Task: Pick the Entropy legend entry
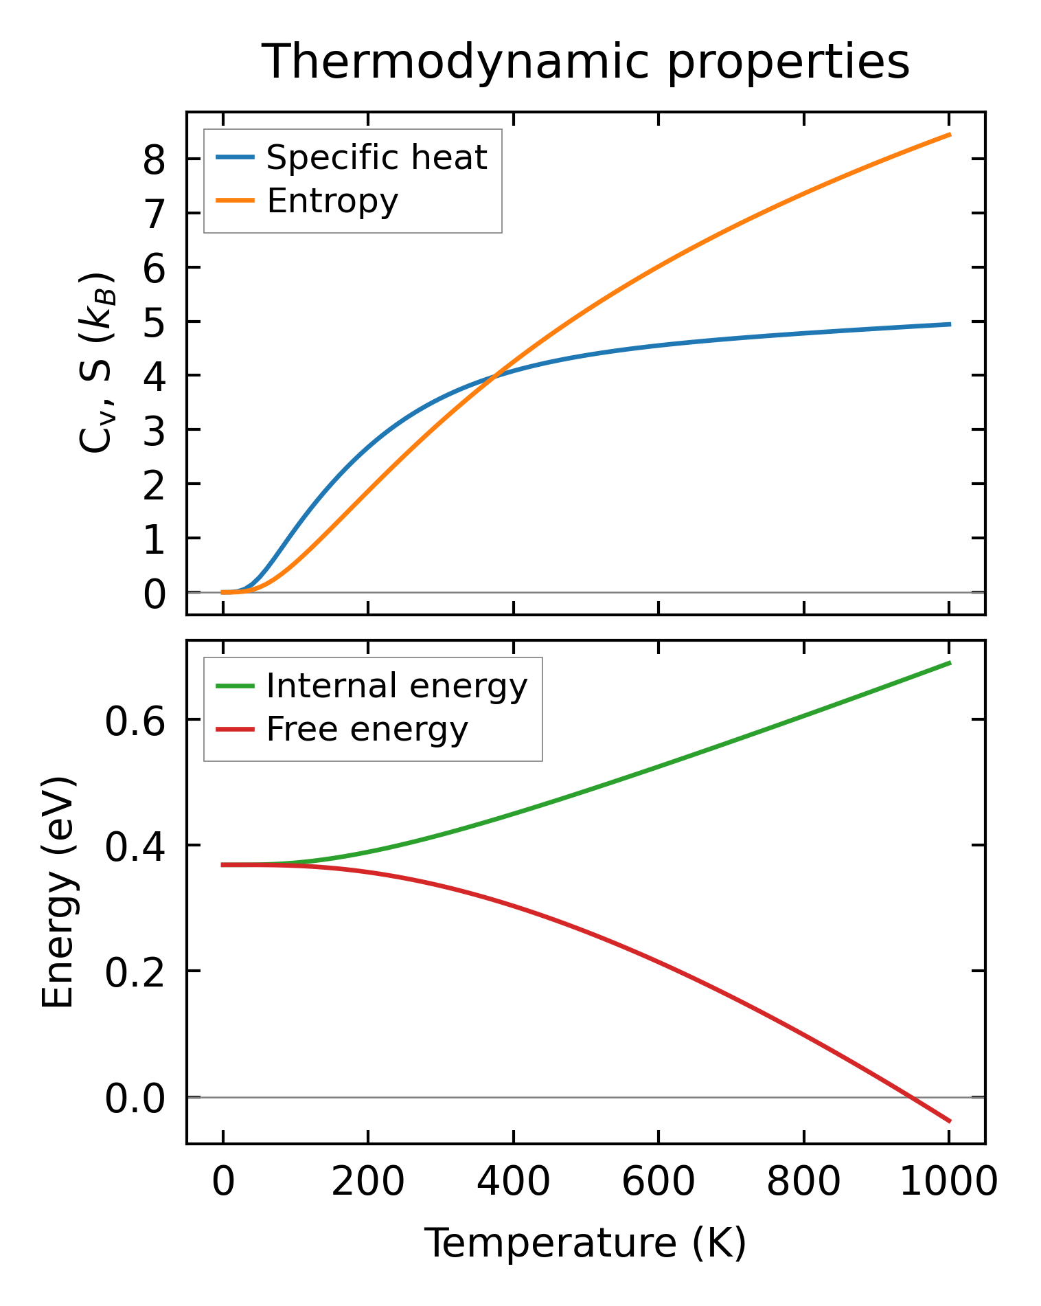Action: pyautogui.click(x=332, y=201)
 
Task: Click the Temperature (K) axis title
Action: pyautogui.click(x=586, y=1243)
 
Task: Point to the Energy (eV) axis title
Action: pyautogui.click(x=58, y=892)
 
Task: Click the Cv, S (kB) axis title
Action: pyautogui.click(x=96, y=363)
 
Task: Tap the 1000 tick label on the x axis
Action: pyautogui.click(x=948, y=1182)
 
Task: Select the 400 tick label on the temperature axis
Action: pyautogui.click(x=513, y=1182)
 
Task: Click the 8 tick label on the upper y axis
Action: pyautogui.click(x=155, y=160)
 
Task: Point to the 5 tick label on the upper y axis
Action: pyautogui.click(x=155, y=322)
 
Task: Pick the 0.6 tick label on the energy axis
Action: pyautogui.click(x=135, y=721)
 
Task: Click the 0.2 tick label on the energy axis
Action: pyautogui.click(x=135, y=972)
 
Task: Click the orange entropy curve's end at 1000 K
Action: pyautogui.click(x=949, y=135)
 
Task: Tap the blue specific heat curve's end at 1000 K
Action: pyautogui.click(x=949, y=324)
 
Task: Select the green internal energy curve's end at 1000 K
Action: pyautogui.click(x=949, y=663)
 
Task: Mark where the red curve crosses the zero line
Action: pyautogui.click(x=909, y=1097)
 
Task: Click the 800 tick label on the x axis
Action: pyautogui.click(x=803, y=1182)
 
